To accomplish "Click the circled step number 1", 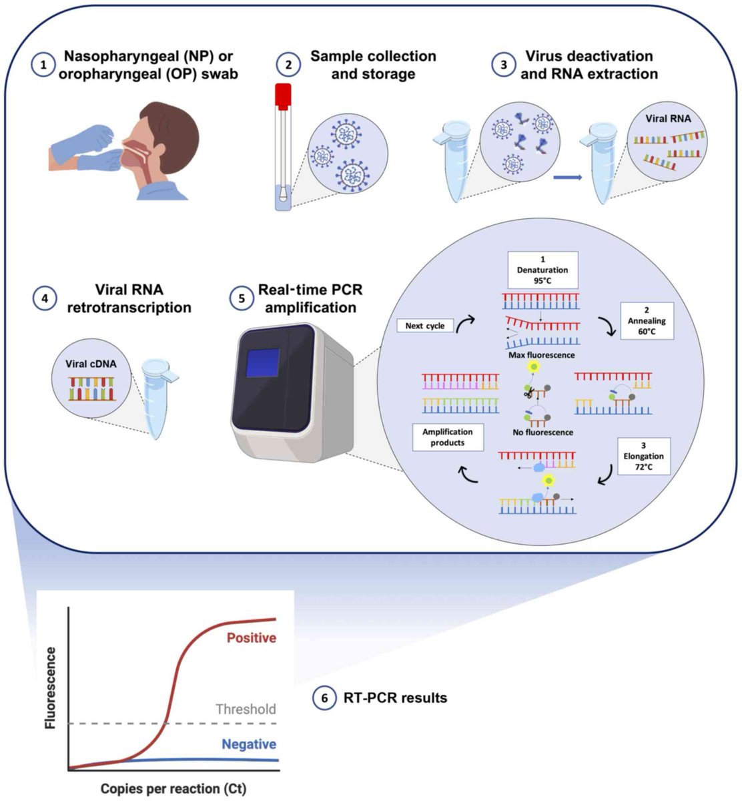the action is (43, 65).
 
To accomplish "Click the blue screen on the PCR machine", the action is (263, 362).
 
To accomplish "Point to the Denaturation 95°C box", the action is (542, 270).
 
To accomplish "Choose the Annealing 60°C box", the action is (647, 321).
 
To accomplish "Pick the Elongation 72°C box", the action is (644, 456).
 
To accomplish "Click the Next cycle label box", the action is (424, 326).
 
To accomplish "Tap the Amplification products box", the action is (448, 437).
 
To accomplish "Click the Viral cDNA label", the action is (91, 364).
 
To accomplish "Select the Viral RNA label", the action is (668, 119).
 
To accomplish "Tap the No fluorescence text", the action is (542, 433).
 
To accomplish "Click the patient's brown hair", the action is (173, 129).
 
